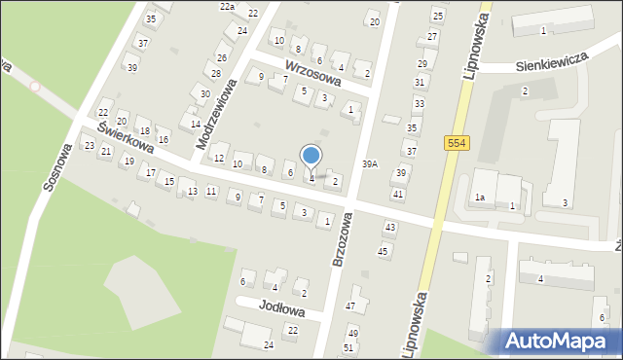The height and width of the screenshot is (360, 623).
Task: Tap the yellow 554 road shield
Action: pos(456,143)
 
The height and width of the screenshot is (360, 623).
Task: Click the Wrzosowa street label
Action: pos(312,74)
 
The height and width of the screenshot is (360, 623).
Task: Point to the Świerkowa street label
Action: pos(125,143)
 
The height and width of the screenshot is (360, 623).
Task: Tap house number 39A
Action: pos(370,163)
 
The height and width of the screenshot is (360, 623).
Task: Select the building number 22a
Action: pos(227,6)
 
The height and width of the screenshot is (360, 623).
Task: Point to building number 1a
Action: pos(480,198)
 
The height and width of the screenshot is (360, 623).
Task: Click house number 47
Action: pos(350,306)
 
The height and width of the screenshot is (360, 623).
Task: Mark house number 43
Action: pos(389,227)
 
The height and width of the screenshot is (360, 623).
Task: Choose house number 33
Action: pos(419,103)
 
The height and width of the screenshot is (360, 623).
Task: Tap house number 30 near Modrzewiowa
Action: pos(204,93)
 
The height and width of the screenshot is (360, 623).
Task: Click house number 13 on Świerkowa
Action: pos(193,191)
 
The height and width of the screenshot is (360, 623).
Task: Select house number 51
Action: pos(348,347)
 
